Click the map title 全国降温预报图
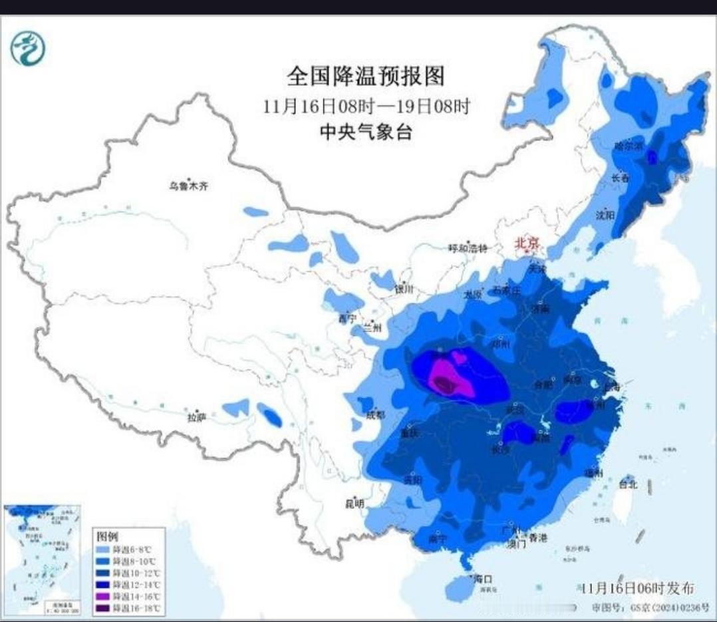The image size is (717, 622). tap(365, 77)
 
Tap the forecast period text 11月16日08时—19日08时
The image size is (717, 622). tap(366, 106)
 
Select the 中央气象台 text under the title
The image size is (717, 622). tap(366, 132)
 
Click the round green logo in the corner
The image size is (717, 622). tap(28, 48)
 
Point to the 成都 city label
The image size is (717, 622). tap(374, 414)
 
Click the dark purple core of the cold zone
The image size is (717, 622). tap(444, 385)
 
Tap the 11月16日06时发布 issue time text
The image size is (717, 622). tap(637, 589)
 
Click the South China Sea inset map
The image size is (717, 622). tap(43, 559)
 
